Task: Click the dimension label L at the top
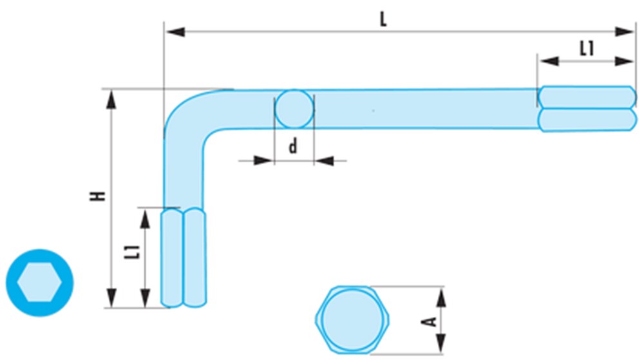[x=383, y=19]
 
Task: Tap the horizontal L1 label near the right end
[x=585, y=48]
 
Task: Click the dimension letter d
[x=293, y=147]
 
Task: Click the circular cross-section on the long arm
[x=294, y=109]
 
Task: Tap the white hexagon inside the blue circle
[x=39, y=282]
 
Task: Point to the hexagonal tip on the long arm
[x=586, y=108]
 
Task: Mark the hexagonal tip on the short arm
[x=184, y=257]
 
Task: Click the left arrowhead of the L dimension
[x=175, y=31]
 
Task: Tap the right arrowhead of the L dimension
[x=624, y=31]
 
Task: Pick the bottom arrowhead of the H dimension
[x=112, y=297]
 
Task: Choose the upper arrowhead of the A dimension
[x=441, y=297]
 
